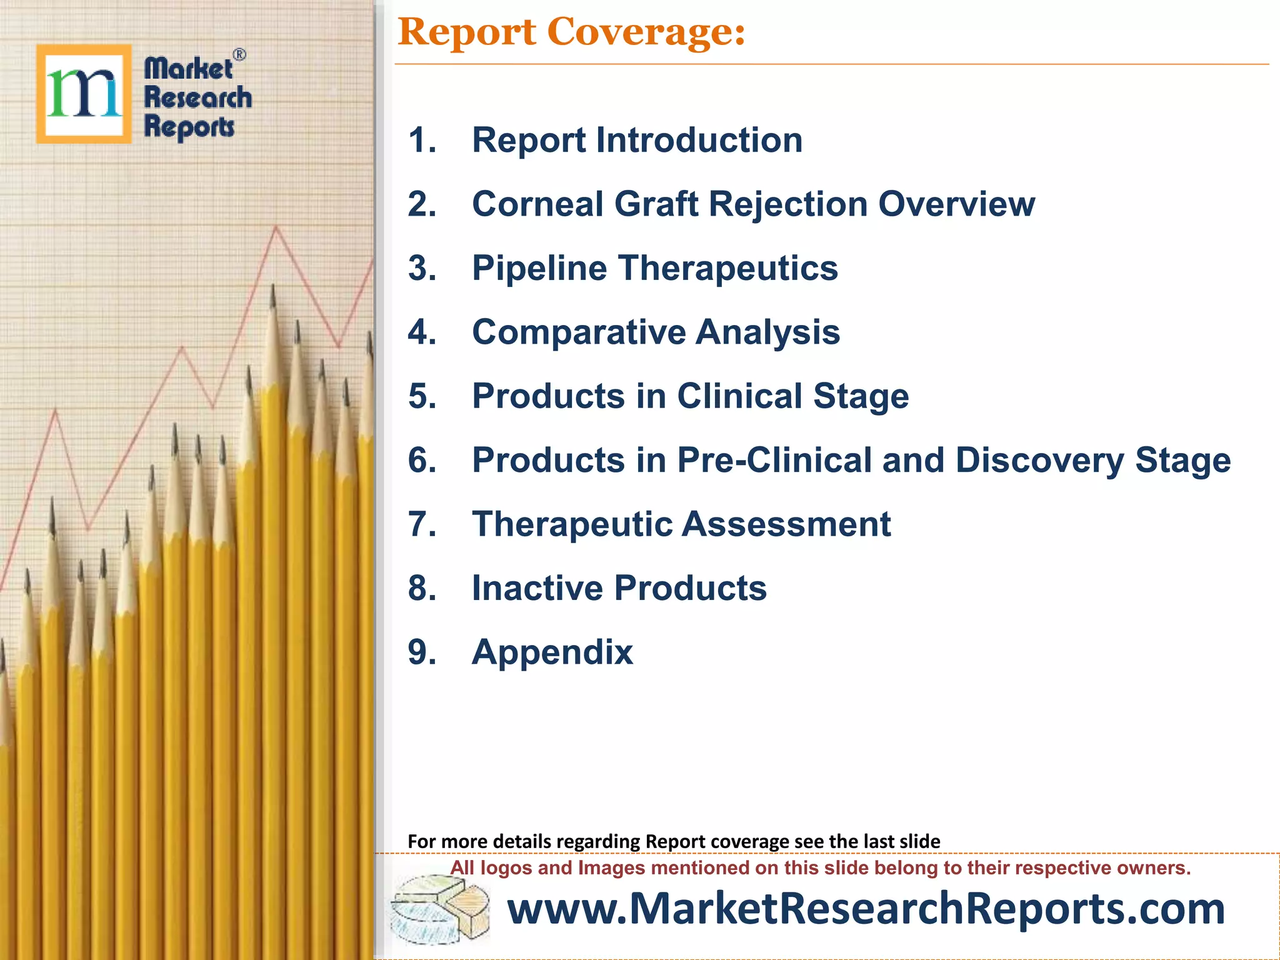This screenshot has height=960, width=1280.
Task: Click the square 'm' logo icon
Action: tap(84, 94)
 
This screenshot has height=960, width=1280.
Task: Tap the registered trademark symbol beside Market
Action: tap(239, 55)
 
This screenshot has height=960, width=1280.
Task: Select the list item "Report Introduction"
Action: tap(636, 140)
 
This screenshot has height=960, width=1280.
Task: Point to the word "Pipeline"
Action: tap(539, 269)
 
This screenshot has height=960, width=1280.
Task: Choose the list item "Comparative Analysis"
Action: tap(655, 332)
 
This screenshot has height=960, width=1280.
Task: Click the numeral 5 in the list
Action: tap(422, 396)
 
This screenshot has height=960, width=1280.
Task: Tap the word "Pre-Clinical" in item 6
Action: tap(774, 461)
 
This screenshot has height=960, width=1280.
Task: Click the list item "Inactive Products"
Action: tap(619, 588)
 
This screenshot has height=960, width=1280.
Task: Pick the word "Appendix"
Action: tap(552, 652)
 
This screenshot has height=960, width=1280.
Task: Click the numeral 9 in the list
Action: tap(422, 652)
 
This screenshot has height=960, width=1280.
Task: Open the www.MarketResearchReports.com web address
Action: tap(866, 909)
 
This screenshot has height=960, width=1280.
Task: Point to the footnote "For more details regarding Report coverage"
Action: tap(673, 841)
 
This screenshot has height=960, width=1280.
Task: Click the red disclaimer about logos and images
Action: tap(820, 868)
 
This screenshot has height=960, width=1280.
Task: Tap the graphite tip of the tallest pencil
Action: tap(272, 297)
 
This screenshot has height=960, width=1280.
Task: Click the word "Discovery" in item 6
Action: tap(1039, 461)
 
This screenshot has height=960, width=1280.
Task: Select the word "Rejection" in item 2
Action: tap(787, 204)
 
